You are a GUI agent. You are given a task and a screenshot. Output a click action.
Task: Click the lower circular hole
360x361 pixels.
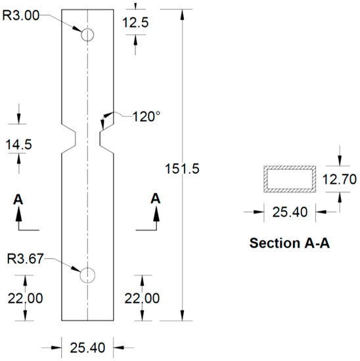point(87,275)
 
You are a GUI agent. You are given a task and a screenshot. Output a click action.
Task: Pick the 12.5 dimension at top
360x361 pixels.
point(135,22)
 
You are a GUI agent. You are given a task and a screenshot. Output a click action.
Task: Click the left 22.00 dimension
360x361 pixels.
point(25,298)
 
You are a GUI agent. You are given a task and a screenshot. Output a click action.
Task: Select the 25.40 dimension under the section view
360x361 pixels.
point(286,211)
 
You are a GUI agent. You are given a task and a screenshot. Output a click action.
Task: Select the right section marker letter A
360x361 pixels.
point(155,198)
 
